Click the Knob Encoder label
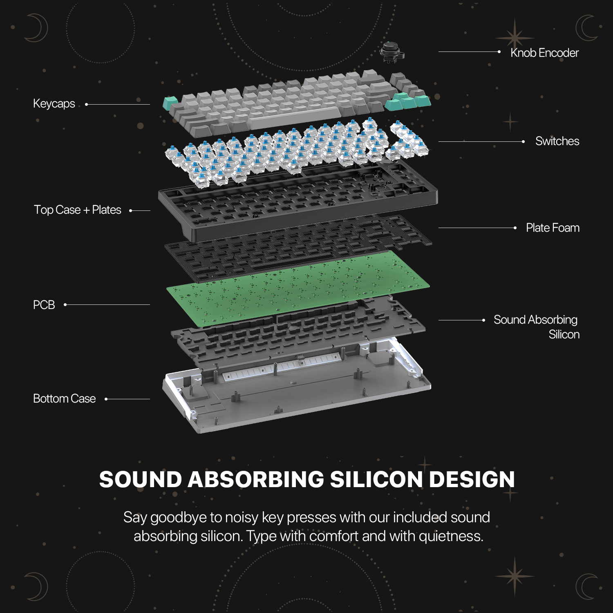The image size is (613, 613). coord(544,53)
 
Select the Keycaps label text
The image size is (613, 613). coord(54,103)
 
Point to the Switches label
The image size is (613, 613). coord(557,141)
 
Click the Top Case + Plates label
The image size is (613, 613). coord(77,210)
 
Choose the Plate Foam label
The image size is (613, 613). coord(553,228)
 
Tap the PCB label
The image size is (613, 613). coord(44,305)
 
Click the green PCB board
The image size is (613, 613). coord(298,288)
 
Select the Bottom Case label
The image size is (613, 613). coord(64,398)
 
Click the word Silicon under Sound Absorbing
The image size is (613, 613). coord(564,334)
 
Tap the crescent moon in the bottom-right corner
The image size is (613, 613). coord(586,586)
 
